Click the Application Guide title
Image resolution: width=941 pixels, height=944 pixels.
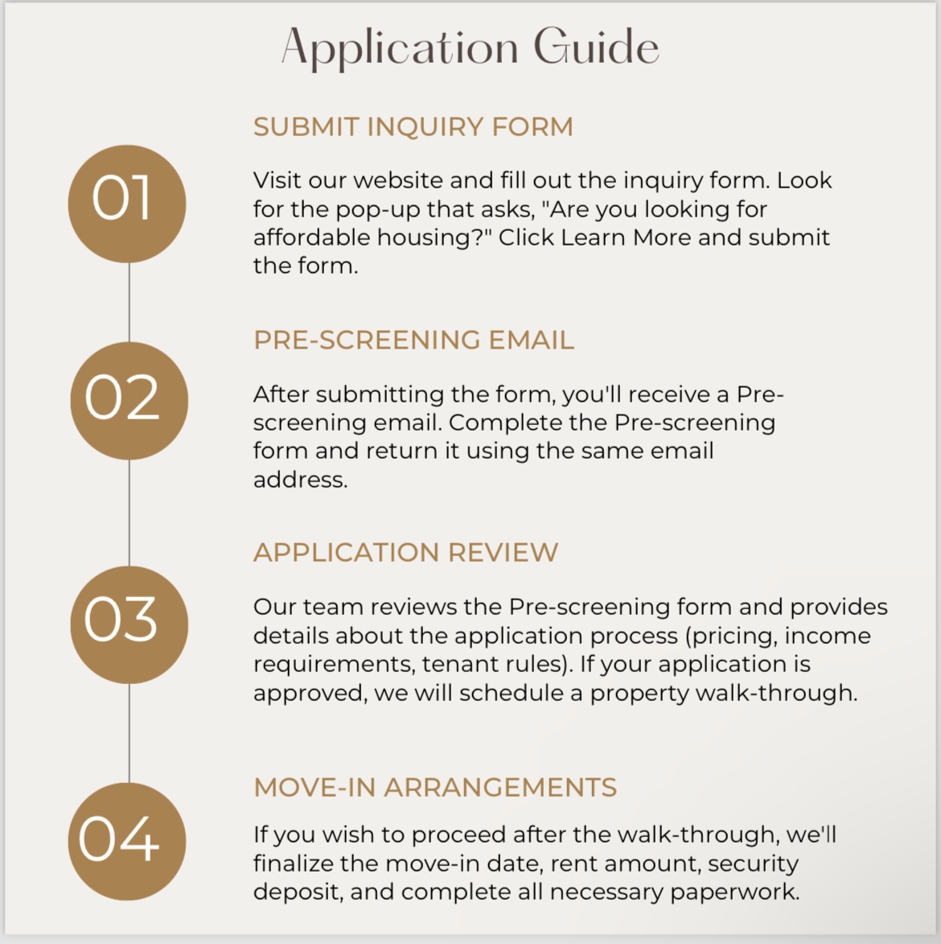pyautogui.click(x=470, y=47)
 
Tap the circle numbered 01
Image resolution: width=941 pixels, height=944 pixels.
pyautogui.click(x=126, y=203)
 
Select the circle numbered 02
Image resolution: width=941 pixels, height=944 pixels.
pyautogui.click(x=129, y=400)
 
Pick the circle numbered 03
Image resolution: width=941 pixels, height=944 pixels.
pyautogui.click(x=129, y=624)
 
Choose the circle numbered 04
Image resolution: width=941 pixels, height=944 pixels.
pyautogui.click(x=126, y=840)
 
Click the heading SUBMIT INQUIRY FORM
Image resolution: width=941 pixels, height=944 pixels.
pyautogui.click(x=413, y=127)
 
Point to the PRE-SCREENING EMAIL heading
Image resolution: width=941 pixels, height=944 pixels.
pyautogui.click(x=413, y=340)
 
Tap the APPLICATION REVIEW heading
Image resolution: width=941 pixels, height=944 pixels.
pyautogui.click(x=405, y=553)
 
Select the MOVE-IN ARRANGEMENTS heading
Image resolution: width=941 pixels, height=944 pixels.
pyautogui.click(x=435, y=787)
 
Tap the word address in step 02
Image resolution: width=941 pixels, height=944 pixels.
pyautogui.click(x=300, y=480)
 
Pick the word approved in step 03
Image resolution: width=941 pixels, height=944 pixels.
pyautogui.click(x=309, y=693)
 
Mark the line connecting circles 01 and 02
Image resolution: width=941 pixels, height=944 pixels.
pyautogui.click(x=129, y=302)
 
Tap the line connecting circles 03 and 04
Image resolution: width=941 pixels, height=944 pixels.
pyautogui.click(x=129, y=732)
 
